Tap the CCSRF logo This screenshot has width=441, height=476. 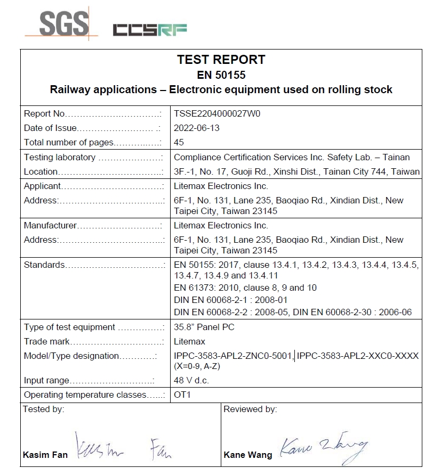150,30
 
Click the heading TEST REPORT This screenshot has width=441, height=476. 221,60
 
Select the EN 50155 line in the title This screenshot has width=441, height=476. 221,75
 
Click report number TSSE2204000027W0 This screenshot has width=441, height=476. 217,113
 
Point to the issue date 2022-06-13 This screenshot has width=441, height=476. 197,128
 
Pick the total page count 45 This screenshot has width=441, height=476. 179,142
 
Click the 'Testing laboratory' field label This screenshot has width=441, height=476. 60,157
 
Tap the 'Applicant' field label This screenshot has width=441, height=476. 43,186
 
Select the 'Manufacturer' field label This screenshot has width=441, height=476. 50,225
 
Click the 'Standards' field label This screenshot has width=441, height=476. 44,265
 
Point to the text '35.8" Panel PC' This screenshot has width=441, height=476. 204,327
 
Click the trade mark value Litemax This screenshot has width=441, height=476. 189,341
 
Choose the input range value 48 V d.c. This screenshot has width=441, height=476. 191,380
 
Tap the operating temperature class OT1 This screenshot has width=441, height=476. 182,395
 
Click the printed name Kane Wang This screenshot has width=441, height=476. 247,455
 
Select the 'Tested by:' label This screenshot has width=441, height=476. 44,409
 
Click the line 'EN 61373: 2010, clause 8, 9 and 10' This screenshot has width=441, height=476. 245,288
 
